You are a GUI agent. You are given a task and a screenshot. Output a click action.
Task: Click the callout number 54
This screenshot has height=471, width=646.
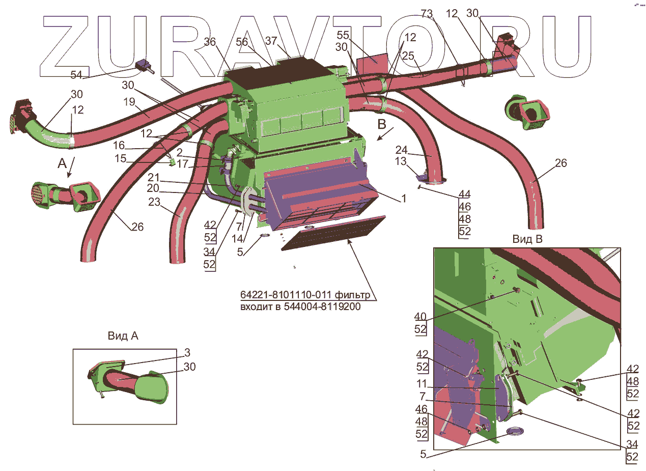pos(76,75)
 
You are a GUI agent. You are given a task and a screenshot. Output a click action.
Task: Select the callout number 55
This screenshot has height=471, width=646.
pos(343,36)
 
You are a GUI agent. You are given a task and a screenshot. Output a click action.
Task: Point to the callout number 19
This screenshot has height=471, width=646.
pos(129,101)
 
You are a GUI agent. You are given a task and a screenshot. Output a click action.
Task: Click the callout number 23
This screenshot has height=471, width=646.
pos(154,203)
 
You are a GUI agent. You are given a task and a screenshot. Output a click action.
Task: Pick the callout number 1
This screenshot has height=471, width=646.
pos(403,199)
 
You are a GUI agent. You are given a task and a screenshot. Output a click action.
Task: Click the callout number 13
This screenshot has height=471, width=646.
pos(401,161)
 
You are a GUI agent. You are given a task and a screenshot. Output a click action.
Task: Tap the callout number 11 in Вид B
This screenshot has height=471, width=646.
pos(422,384)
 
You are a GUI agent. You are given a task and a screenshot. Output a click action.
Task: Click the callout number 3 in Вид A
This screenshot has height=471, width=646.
pos(187,352)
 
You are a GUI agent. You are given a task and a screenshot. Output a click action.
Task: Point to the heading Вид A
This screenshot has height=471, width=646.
pos(123,336)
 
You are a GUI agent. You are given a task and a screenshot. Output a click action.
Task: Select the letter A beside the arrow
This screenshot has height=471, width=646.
pos(62,163)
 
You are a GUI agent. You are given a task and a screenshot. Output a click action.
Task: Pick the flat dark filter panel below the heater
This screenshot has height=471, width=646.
pos(333,232)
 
